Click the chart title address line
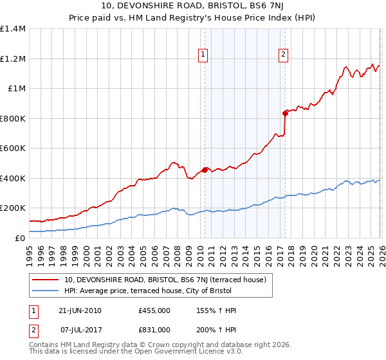click(193, 6)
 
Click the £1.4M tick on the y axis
click(13, 29)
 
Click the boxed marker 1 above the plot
click(203, 55)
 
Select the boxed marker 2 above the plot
click(283, 55)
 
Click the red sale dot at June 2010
click(205, 170)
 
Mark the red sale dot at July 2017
click(284, 113)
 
